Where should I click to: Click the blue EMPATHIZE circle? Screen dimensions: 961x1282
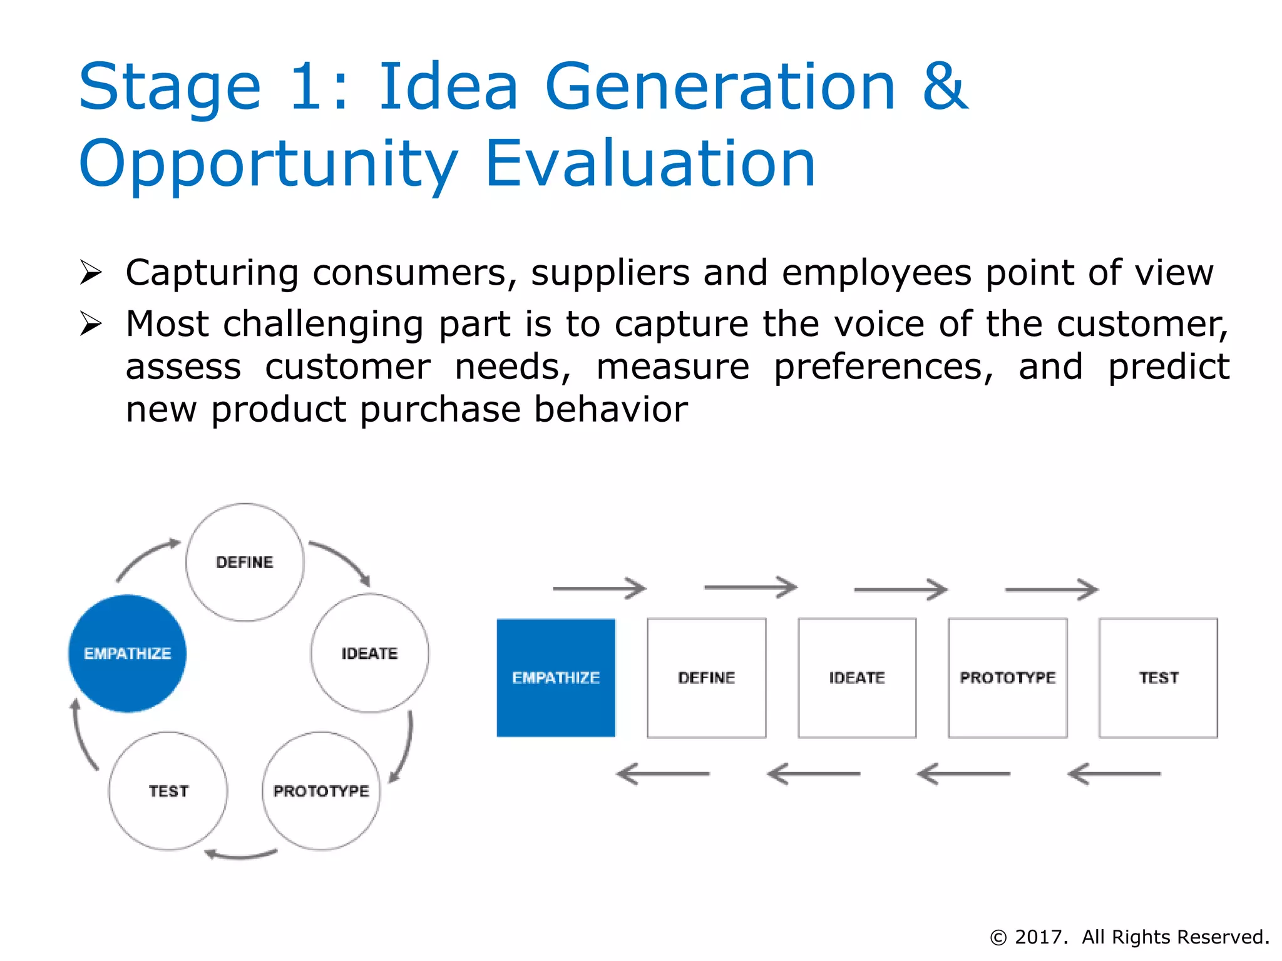[127, 653]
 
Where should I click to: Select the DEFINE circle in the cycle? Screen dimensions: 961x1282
[245, 562]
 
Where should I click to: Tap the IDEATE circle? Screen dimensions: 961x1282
[369, 653]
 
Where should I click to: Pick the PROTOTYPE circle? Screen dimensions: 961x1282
[321, 791]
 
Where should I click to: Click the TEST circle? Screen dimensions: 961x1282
[168, 791]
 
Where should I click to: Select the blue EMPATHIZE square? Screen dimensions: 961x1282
[556, 678]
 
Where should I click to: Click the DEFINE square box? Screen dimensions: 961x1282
[706, 678]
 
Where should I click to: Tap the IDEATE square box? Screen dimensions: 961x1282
[857, 678]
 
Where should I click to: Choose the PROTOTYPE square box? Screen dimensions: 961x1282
[1008, 678]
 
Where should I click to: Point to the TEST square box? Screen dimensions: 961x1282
[1158, 678]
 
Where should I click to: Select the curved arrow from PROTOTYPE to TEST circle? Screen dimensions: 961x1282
[241, 855]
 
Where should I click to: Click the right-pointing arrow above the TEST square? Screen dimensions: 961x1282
[1052, 589]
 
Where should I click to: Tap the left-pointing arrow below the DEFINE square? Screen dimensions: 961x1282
[663, 774]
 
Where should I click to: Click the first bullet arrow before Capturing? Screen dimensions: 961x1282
[91, 273]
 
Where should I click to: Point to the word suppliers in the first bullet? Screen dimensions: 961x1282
[610, 273]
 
